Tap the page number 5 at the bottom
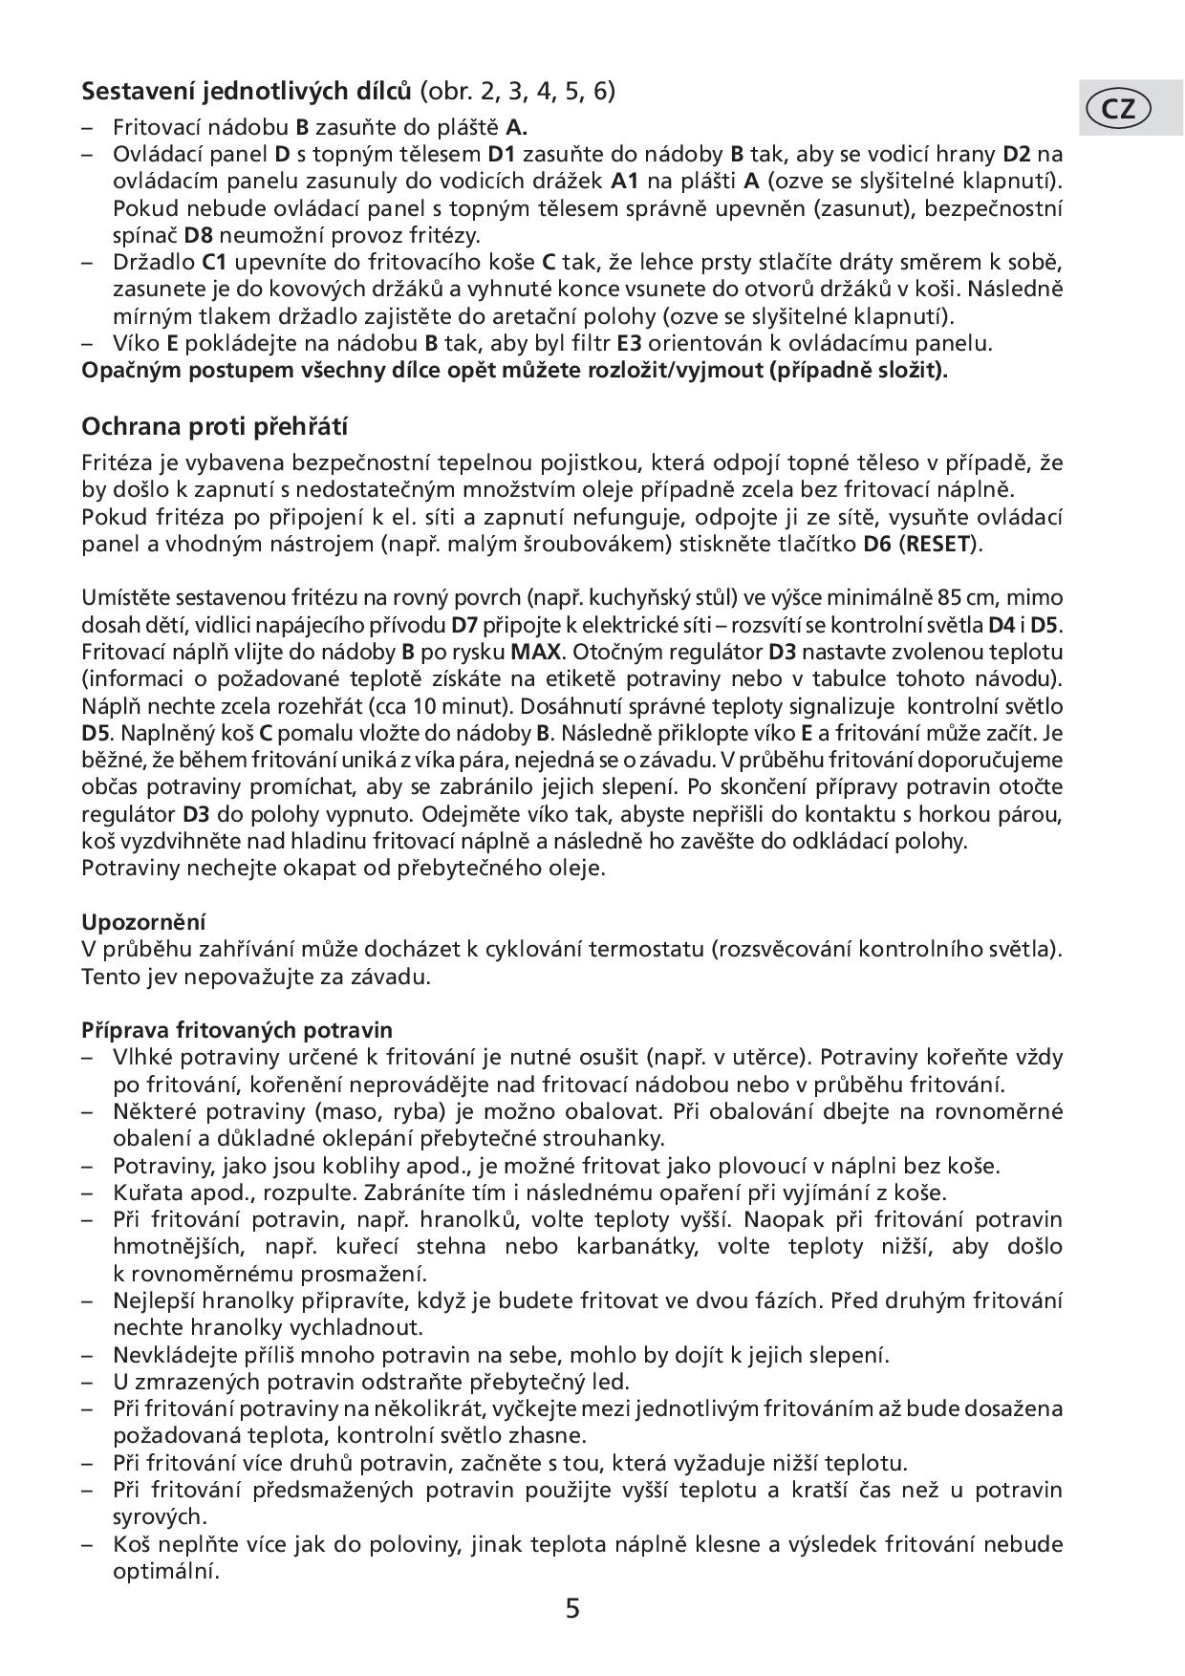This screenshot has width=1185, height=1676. tap(572, 1609)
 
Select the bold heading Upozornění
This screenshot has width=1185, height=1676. tap(144, 922)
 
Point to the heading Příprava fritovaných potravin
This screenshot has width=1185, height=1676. tap(237, 1030)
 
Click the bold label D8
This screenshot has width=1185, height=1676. tap(202, 234)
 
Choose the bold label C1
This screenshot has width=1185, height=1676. tap(213, 262)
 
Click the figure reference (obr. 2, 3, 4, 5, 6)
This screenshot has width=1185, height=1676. tap(518, 92)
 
